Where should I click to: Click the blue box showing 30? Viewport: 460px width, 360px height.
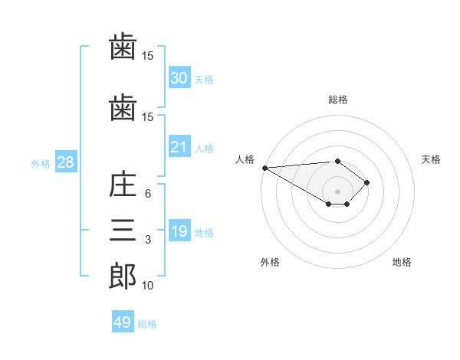179,77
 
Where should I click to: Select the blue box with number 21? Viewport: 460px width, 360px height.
179,146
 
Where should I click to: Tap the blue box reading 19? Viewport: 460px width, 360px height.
179,230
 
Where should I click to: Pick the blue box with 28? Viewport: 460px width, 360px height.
66,162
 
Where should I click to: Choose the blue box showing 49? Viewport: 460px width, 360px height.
123,321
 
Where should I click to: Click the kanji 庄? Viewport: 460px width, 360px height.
123,185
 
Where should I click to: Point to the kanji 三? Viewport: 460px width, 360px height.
123,230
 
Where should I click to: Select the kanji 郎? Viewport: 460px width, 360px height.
123,277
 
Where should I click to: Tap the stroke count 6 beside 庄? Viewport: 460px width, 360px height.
148,194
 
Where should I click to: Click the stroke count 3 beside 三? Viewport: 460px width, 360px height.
148,240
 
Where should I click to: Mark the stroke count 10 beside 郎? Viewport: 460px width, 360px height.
147,286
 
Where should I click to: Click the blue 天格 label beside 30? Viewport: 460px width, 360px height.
204,80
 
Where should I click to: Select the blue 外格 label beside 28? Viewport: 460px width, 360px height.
41,164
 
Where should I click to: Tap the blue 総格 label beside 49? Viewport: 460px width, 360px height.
147,324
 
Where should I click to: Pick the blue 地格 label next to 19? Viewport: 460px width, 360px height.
204,233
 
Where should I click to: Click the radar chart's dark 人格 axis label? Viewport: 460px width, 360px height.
245,159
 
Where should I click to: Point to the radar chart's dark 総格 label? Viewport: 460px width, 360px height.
338,100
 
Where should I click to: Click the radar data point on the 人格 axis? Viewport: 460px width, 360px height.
265,168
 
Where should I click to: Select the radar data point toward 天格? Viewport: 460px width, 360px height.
366,182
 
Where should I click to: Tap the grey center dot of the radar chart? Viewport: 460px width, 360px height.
337,191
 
